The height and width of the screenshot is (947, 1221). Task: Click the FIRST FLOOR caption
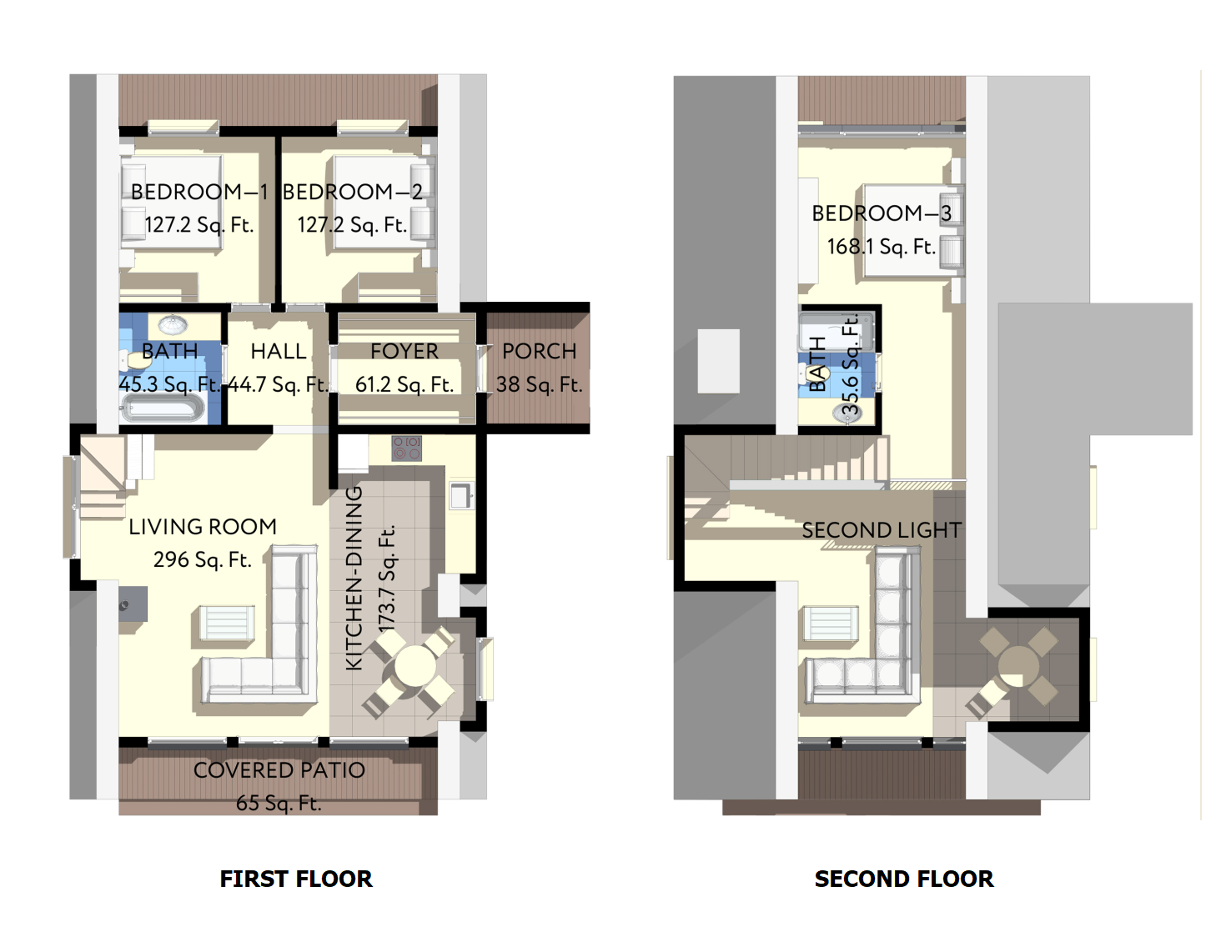click(295, 879)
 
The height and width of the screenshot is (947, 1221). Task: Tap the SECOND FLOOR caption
click(904, 879)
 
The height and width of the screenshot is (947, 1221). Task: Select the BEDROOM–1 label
click(199, 192)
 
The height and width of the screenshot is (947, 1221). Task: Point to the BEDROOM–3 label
click(882, 213)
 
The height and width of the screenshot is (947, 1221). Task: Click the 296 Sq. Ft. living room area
click(203, 559)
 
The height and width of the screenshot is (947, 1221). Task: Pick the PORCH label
click(540, 352)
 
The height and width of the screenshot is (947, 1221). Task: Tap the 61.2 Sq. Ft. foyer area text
click(404, 384)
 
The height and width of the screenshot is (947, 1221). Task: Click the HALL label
click(279, 352)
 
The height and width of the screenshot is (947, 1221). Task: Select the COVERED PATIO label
click(279, 770)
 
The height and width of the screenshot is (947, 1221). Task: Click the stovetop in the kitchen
click(407, 448)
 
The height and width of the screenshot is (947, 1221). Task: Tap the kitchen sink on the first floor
click(461, 495)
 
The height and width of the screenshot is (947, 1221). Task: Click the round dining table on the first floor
click(415, 667)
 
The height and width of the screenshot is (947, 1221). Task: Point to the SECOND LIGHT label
click(882, 530)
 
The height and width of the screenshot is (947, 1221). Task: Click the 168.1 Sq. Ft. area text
click(882, 247)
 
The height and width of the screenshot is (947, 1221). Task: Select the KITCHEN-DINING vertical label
click(354, 579)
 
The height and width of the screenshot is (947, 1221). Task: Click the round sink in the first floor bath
click(173, 325)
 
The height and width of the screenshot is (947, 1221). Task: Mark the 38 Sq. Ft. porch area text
click(540, 384)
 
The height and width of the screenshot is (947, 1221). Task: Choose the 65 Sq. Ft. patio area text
click(279, 804)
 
